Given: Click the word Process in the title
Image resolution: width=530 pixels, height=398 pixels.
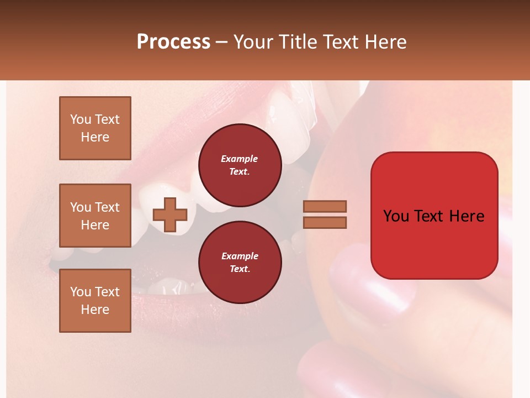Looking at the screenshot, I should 173,41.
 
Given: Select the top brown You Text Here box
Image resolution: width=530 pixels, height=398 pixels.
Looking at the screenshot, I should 95,128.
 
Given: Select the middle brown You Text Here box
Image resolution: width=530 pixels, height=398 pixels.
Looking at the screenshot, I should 95,216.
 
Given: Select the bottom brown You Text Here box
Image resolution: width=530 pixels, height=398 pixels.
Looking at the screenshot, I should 95,301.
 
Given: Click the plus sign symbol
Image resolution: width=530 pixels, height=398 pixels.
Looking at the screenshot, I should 169,215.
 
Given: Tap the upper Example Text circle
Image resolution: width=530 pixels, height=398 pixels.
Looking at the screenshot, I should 240,165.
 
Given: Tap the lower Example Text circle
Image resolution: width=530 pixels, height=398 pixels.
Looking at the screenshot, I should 240,262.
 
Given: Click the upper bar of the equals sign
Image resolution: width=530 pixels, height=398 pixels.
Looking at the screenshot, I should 325,206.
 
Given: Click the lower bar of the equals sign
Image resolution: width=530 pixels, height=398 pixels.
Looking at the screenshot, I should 325,222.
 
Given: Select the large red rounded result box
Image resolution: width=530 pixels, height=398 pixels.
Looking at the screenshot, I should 434,216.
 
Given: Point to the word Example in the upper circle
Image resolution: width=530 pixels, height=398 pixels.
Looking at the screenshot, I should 240,159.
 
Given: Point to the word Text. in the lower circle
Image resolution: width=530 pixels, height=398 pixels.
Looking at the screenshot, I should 240,269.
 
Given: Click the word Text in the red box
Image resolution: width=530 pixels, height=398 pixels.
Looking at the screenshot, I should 434,216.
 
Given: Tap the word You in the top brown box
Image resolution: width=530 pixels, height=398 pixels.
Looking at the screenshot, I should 81,119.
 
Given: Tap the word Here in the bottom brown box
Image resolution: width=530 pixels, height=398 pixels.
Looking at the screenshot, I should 95,310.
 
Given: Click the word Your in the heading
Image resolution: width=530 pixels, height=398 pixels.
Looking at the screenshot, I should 253,41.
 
